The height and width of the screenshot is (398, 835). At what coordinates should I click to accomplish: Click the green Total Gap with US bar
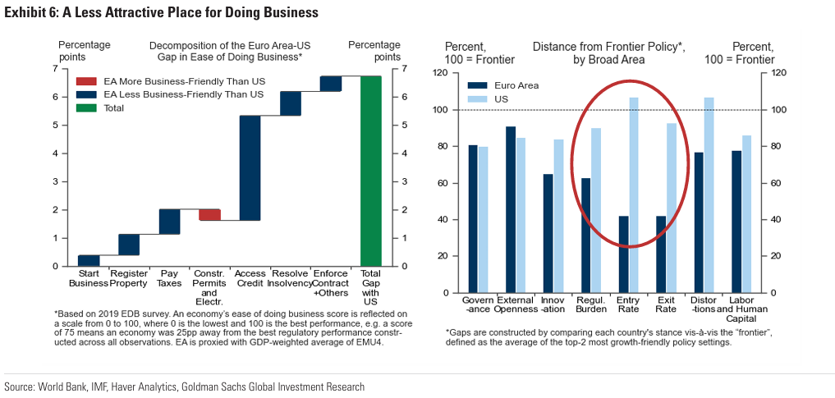(371, 171)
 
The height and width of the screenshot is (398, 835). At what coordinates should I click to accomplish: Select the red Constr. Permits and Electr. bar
(209, 215)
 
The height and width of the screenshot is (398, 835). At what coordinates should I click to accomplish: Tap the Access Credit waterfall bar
(250, 168)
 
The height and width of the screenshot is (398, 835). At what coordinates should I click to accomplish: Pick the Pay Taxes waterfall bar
(169, 222)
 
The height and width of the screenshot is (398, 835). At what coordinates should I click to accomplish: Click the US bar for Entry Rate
(634, 195)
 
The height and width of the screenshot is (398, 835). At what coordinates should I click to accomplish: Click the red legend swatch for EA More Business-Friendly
(86, 81)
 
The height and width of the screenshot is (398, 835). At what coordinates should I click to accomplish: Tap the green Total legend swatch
(86, 108)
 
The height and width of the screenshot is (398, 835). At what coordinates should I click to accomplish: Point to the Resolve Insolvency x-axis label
(290, 278)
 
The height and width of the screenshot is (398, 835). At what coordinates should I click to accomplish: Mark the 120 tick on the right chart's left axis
(452, 73)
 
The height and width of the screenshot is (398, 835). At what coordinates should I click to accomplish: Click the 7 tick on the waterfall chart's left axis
(55, 69)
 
